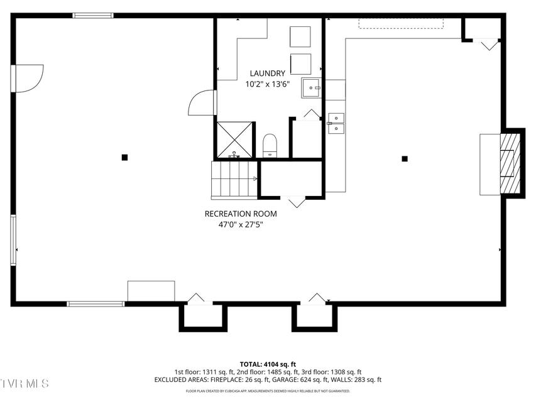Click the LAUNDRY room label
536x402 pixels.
point(267,73)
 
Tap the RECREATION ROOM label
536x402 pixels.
point(241,214)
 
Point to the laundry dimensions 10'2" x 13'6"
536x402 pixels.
point(268,84)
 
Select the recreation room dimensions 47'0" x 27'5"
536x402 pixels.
point(241,225)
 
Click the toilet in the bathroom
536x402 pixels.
point(270,146)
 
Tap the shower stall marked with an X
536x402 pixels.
point(234,140)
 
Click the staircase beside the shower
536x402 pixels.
point(234,180)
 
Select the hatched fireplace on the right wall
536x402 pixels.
point(510,164)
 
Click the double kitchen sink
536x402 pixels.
point(336,123)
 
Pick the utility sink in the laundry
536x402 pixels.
point(311,88)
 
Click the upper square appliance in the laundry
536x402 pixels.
point(300,36)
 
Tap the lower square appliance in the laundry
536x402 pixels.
point(300,64)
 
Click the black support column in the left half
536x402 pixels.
point(125,157)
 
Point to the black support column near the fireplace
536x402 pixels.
point(405,159)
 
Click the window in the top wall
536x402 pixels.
point(93,15)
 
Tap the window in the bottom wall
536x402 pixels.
point(96,303)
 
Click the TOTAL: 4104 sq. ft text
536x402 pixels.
point(268,364)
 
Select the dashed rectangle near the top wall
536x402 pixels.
point(401,24)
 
